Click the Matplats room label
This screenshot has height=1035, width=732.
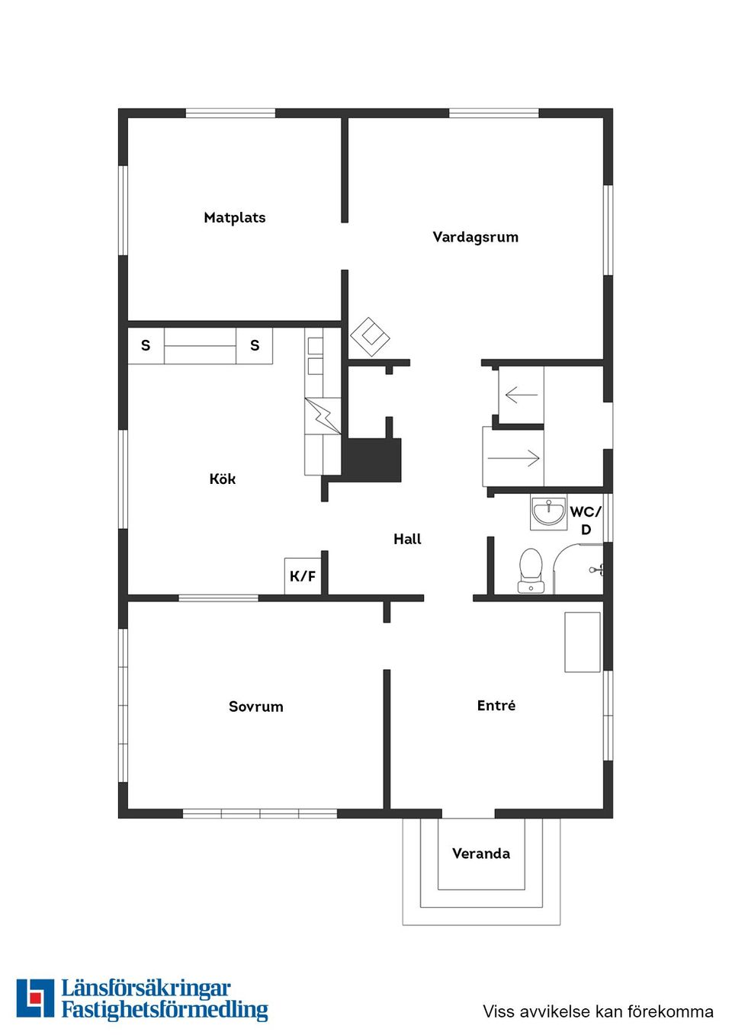click(235, 218)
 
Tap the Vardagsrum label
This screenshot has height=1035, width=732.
click(476, 237)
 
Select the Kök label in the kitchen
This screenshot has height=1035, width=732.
click(223, 479)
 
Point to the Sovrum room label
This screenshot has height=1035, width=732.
click(256, 707)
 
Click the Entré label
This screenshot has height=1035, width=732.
click(496, 705)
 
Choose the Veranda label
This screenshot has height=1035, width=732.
click(481, 854)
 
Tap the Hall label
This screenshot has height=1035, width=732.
click(407, 539)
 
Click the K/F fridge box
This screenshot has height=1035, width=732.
click(303, 576)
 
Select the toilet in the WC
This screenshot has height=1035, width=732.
click(531, 570)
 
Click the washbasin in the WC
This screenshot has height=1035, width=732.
click(548, 512)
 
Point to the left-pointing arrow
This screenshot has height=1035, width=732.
click(522, 395)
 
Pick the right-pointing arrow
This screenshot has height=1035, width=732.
click(514, 458)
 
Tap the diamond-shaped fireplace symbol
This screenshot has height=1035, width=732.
click(370, 336)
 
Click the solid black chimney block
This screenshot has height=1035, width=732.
click(371, 460)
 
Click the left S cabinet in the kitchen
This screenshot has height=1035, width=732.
click(146, 345)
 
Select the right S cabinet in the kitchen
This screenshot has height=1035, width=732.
click(255, 345)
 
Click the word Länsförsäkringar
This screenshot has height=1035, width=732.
click(146, 989)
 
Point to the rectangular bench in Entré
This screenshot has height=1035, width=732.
click(583, 642)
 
